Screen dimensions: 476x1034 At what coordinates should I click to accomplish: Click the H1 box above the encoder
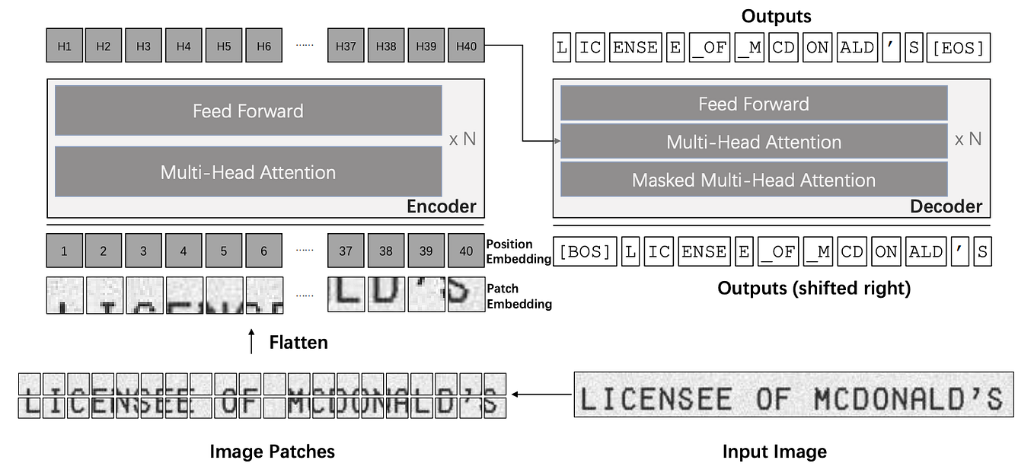coord(65,46)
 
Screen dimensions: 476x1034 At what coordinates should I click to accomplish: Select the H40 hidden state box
coord(466,46)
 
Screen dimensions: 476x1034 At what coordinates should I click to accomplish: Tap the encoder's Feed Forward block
coord(248,110)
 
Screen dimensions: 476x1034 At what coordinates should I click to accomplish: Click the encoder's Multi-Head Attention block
coord(248,172)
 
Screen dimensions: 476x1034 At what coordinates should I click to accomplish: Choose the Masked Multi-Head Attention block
coord(754,180)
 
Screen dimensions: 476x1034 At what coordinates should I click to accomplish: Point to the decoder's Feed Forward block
coord(754,104)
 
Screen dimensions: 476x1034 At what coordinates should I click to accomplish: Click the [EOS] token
coord(959,48)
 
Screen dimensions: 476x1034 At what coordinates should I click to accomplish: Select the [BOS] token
coord(586,252)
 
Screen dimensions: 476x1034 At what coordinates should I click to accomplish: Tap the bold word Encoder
coord(441,206)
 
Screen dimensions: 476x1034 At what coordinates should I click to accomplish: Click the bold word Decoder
coord(946,206)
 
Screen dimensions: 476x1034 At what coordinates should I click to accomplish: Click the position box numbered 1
coord(65,251)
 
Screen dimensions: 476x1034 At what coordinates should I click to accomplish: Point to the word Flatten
coord(298,342)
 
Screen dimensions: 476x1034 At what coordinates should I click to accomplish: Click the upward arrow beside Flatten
coord(252,342)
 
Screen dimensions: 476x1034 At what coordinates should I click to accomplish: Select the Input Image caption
coord(774,452)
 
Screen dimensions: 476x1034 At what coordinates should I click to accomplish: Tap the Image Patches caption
coord(272,452)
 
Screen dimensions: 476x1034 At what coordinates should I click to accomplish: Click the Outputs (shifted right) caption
coord(814,289)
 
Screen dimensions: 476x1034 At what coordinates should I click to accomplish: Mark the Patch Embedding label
coord(519,296)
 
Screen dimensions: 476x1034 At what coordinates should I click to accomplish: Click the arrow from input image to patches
coord(541,395)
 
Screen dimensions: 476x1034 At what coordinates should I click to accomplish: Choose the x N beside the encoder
coord(463,140)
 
